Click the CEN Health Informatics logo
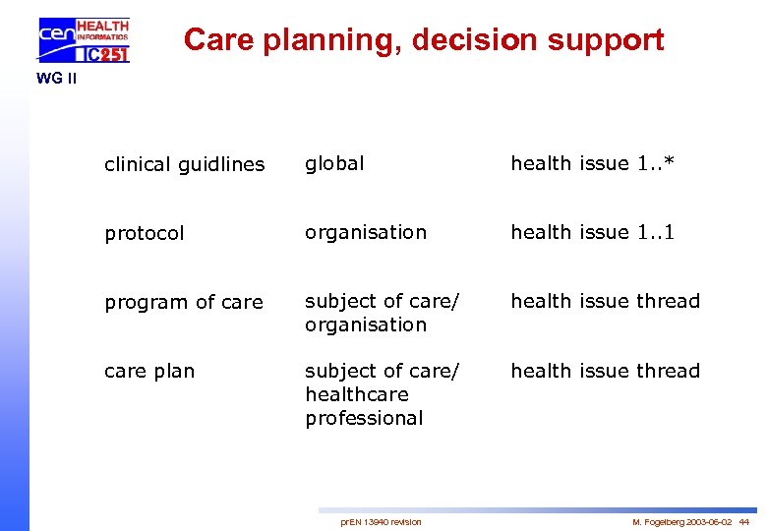tap(84, 40)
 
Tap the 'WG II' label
tap(56, 79)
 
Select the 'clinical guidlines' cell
tap(185, 165)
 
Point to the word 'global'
tap(334, 163)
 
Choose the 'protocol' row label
tap(145, 234)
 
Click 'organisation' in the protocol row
tap(366, 232)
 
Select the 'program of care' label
tap(184, 303)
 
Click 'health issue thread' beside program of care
tap(605, 301)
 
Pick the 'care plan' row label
tap(149, 372)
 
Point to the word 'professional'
tap(364, 418)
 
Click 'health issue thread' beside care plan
tap(605, 371)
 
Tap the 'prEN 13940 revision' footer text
tap(381, 521)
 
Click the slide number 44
tap(744, 521)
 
